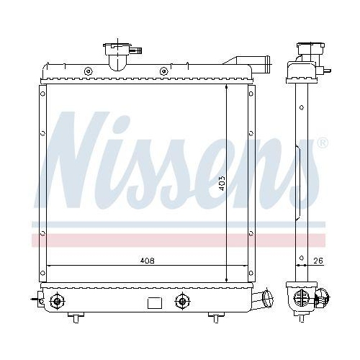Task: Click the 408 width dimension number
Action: pyautogui.click(x=147, y=261)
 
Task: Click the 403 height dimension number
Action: pyautogui.click(x=223, y=184)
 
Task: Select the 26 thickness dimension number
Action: pyautogui.click(x=318, y=261)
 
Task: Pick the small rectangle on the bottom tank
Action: pyautogui.click(x=153, y=302)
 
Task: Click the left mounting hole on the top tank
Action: pyautogui.click(x=87, y=71)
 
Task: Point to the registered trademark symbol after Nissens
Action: pyautogui.click(x=323, y=143)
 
